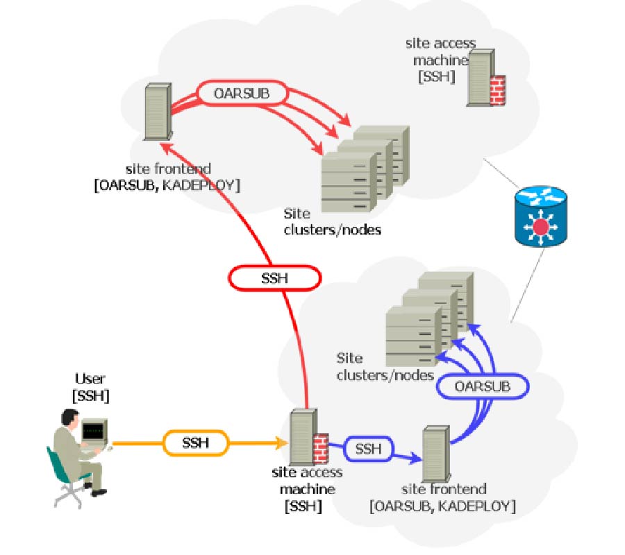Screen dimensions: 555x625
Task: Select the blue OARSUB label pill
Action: (483, 386)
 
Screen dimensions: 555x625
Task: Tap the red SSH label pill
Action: (274, 279)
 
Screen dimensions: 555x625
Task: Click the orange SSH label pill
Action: (196, 443)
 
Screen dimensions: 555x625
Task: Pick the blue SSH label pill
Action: (368, 448)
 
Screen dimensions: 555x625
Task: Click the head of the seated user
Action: (69, 418)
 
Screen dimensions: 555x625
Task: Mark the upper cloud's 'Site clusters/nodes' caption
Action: (332, 221)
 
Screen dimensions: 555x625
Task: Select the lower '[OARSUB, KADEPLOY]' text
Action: (442, 506)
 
